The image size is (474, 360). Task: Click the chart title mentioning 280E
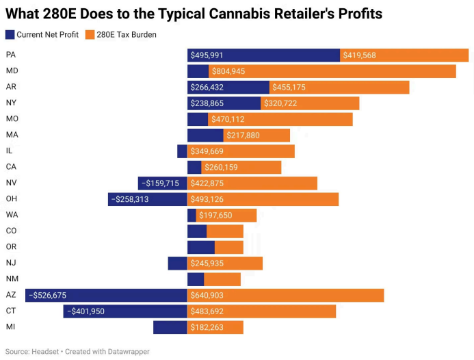(x=194, y=14)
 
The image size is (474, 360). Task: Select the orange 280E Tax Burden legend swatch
(x=90, y=34)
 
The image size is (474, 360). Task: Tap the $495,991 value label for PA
(x=207, y=55)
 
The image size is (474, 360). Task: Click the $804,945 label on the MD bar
(x=228, y=71)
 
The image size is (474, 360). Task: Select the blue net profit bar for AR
(x=228, y=87)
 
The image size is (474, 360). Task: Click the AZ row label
(x=11, y=295)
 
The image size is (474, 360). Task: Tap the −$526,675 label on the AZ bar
(x=47, y=295)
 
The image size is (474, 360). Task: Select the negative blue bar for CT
(x=125, y=311)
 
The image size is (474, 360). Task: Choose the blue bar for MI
(x=170, y=327)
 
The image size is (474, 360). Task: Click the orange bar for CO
(x=224, y=231)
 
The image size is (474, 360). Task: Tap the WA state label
(x=12, y=215)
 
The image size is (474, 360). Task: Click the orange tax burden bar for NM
(x=222, y=279)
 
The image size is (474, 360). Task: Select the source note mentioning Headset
(x=77, y=352)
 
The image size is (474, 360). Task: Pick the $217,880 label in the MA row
(x=243, y=135)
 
